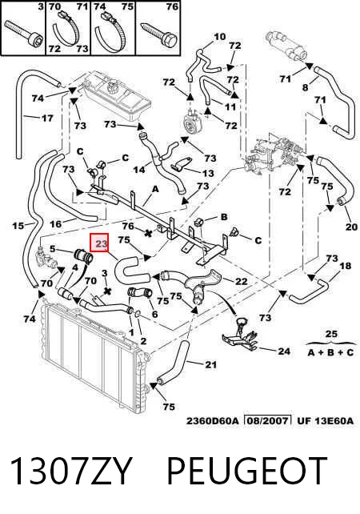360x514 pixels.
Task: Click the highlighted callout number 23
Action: [102, 244]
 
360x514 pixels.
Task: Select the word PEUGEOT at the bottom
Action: [248, 471]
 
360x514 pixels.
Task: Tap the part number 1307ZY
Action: [70, 471]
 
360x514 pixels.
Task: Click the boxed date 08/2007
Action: [268, 420]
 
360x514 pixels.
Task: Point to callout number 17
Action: [47, 118]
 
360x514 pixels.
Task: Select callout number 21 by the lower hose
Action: [210, 364]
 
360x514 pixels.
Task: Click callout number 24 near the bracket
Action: [284, 351]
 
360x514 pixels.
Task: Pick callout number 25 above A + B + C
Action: [331, 335]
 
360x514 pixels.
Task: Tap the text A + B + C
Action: [331, 352]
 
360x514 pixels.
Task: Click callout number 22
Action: [242, 281]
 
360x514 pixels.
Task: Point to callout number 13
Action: [208, 173]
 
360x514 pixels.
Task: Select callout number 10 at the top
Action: [220, 36]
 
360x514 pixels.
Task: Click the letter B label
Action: [224, 216]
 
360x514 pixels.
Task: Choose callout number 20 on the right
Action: [351, 227]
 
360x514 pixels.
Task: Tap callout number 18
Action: [346, 266]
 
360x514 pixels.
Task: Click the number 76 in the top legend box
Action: [172, 6]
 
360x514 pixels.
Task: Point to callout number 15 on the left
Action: [18, 226]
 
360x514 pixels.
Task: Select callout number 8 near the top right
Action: [305, 87]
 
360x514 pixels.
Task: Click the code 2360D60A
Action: [213, 421]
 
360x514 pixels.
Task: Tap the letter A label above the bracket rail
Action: [155, 189]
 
